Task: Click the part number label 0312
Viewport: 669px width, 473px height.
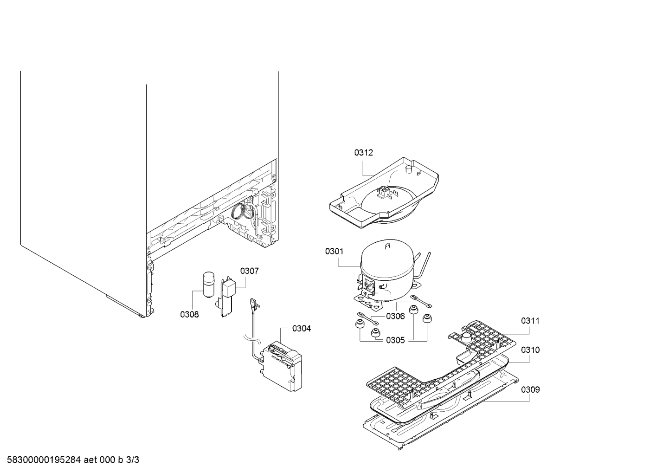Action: pyautogui.click(x=363, y=153)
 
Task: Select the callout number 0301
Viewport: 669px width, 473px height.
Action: pyautogui.click(x=334, y=251)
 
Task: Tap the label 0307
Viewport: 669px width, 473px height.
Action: pyautogui.click(x=250, y=271)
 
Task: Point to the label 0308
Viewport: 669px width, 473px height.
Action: pyautogui.click(x=189, y=314)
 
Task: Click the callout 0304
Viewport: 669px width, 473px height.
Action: pyautogui.click(x=302, y=328)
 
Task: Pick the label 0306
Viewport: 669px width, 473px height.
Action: pyautogui.click(x=395, y=316)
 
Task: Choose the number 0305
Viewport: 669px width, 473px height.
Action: pyautogui.click(x=395, y=340)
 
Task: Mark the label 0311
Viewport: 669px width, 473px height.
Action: pyautogui.click(x=530, y=321)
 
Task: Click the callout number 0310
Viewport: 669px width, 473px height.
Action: pyautogui.click(x=530, y=350)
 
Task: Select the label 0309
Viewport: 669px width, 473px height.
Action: pyautogui.click(x=530, y=389)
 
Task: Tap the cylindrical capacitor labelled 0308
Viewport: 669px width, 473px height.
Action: pyautogui.click(x=208, y=284)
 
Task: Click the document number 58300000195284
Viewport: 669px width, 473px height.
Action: pyautogui.click(x=44, y=460)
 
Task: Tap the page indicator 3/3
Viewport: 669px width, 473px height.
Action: pyautogui.click(x=133, y=460)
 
